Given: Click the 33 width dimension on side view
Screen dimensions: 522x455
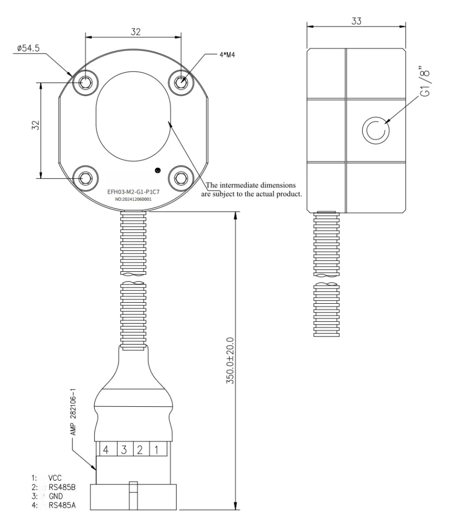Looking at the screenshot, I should (x=357, y=21).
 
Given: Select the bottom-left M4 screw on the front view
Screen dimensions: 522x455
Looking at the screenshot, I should (x=85, y=178).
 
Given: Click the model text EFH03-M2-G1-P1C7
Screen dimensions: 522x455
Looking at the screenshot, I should (x=133, y=194).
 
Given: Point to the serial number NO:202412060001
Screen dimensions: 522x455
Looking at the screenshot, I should (x=133, y=201).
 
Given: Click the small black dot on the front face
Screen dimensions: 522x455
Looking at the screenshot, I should (x=157, y=170).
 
